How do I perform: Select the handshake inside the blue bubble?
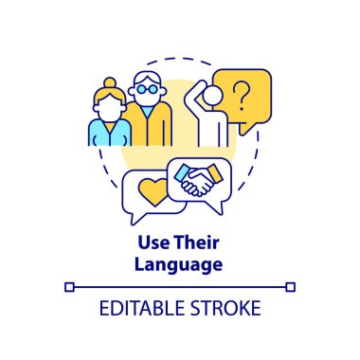pos(197,181)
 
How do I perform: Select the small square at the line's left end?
pos(68,284)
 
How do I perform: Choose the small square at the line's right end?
pos(292,284)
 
